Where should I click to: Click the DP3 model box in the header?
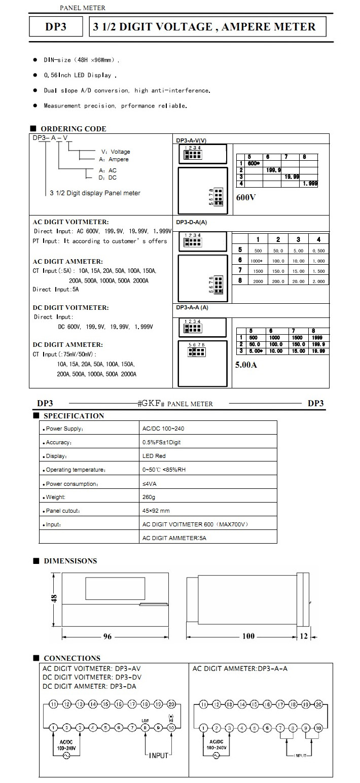pos(56,27)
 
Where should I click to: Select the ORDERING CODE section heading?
pos(73,129)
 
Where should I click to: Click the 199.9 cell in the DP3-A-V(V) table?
pos(273,170)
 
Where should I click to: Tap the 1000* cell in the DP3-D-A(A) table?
pos(258,261)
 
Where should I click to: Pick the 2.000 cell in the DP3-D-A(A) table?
pos(318,281)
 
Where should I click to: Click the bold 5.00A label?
pos(246,364)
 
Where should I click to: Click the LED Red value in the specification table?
pos(154,456)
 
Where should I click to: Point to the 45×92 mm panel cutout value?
pos(156,510)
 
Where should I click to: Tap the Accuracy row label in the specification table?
pos(58,442)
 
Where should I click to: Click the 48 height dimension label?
pos(54,599)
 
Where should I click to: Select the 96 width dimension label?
pos(107,636)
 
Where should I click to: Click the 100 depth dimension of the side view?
pos(248,636)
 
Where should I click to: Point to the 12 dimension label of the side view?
pos(304,636)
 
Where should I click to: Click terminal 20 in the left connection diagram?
pos(171,704)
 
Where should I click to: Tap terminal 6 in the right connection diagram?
pos(267,728)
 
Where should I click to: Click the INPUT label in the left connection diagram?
pos(158,755)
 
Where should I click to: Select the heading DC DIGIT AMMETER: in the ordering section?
pos(67,344)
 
